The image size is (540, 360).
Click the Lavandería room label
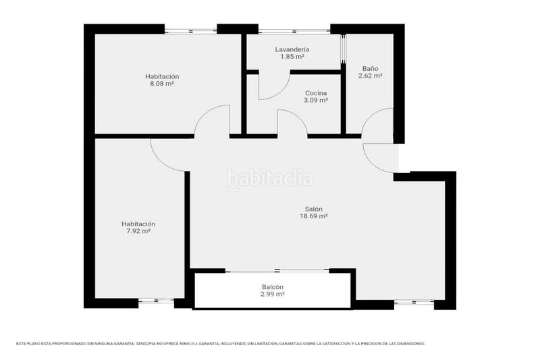pyautogui.click(x=292, y=50)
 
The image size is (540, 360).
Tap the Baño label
pyautogui.click(x=370, y=68)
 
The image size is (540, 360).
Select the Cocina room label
pyautogui.click(x=316, y=93)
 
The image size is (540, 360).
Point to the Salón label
pyautogui.click(x=313, y=209)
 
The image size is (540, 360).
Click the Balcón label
pyautogui.click(x=272, y=287)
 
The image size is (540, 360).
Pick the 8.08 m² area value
pyautogui.click(x=162, y=84)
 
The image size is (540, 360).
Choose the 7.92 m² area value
pyautogui.click(x=138, y=231)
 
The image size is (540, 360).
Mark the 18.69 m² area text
pyautogui.click(x=313, y=217)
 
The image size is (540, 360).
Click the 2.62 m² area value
pyautogui.click(x=370, y=76)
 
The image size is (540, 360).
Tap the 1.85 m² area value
pyautogui.click(x=292, y=57)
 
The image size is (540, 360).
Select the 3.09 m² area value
pyautogui.click(x=316, y=100)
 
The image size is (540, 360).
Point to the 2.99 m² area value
pyautogui.click(x=272, y=294)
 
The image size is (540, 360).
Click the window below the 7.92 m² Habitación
pyautogui.click(x=156, y=301)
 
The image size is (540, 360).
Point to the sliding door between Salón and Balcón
pyautogui.click(x=277, y=271)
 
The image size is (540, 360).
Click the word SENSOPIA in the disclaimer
pyautogui.click(x=150, y=344)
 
